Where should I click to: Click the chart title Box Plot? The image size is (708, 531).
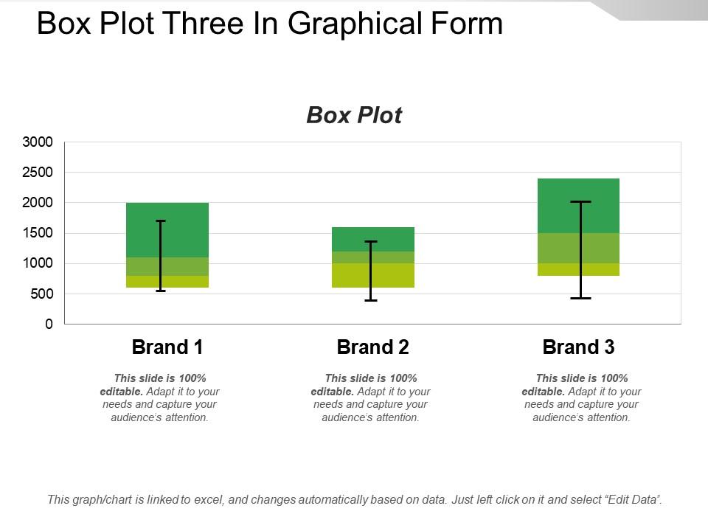[354, 116]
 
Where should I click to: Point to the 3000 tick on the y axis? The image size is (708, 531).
[38, 142]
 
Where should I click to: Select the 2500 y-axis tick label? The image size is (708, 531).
[38, 172]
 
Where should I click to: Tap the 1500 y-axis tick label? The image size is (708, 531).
[38, 233]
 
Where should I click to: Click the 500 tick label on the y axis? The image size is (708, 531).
[41, 294]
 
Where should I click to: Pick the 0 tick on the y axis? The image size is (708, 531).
[49, 324]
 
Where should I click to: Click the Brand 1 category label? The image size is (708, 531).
[167, 347]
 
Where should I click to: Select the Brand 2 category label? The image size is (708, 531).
[372, 347]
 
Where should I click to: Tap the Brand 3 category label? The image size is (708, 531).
[578, 347]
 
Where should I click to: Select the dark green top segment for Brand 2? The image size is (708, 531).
[391, 239]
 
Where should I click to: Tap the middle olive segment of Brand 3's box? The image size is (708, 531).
[601, 248]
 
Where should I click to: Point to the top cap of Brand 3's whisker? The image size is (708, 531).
[580, 201]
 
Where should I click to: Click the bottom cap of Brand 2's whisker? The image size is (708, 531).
[371, 300]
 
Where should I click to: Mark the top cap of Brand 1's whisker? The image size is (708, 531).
[160, 221]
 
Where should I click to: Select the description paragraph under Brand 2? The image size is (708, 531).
[370, 398]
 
